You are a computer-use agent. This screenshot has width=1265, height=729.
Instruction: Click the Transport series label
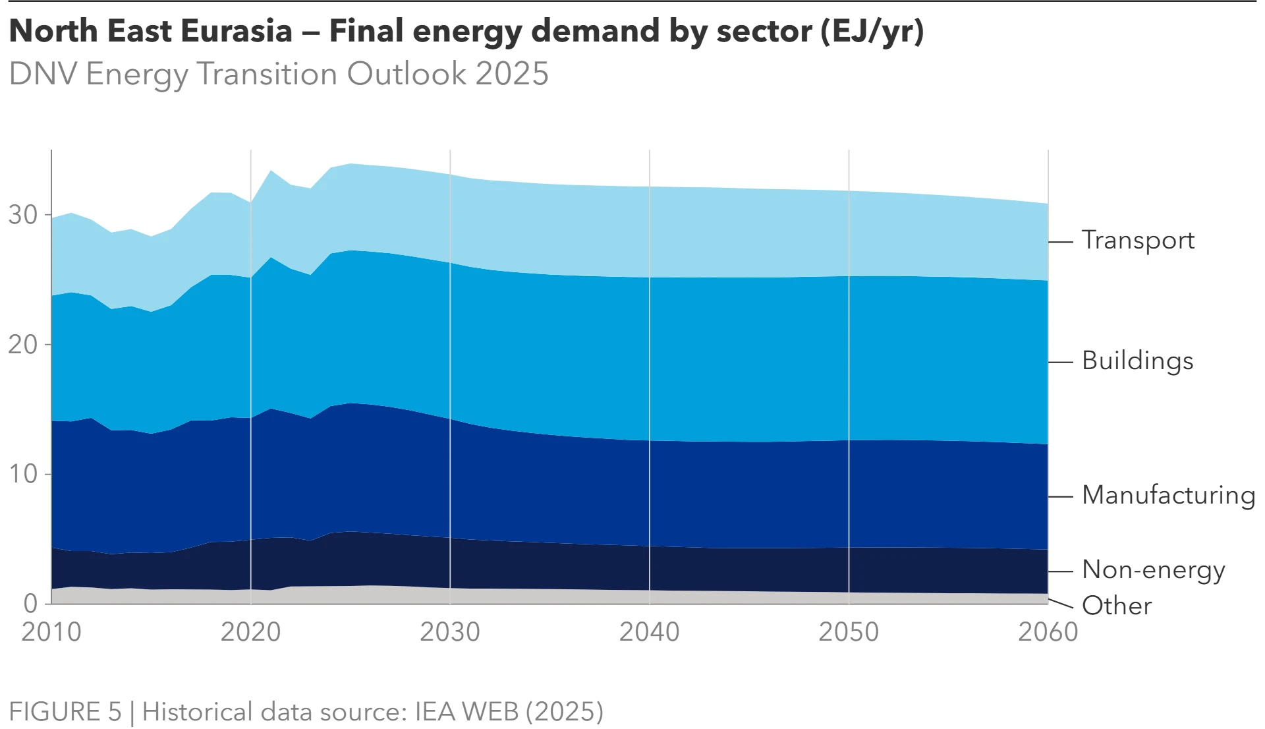(1138, 241)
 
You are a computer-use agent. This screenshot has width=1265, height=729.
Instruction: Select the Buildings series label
(1137, 361)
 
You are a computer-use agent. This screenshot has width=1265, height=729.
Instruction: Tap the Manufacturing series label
(1168, 495)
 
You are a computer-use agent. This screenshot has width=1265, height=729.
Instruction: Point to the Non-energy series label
(1153, 570)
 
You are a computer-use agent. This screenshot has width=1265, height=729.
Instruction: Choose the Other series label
(1117, 606)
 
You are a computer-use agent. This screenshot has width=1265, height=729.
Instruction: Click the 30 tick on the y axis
(23, 215)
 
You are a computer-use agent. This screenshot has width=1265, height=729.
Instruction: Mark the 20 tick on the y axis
(23, 345)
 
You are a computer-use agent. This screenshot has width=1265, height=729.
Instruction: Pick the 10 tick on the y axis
(23, 474)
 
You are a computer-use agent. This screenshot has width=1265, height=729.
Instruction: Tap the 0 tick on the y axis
(30, 603)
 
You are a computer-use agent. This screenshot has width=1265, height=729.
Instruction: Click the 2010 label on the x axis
(51, 632)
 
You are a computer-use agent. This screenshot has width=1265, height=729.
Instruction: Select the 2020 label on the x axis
(250, 632)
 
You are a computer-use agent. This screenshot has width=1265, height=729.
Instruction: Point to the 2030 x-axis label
(450, 632)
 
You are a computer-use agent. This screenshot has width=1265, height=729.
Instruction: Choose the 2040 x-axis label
(649, 632)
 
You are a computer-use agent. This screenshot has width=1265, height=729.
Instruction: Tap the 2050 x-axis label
(849, 632)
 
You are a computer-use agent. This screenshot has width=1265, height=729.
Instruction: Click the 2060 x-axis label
(1048, 632)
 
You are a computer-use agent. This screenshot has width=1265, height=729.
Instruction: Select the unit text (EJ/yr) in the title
(872, 31)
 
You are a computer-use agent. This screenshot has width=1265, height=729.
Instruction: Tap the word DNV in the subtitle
(43, 74)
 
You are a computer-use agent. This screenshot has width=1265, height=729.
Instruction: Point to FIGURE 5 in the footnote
(65, 712)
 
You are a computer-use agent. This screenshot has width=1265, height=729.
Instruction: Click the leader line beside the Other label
(1061, 604)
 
